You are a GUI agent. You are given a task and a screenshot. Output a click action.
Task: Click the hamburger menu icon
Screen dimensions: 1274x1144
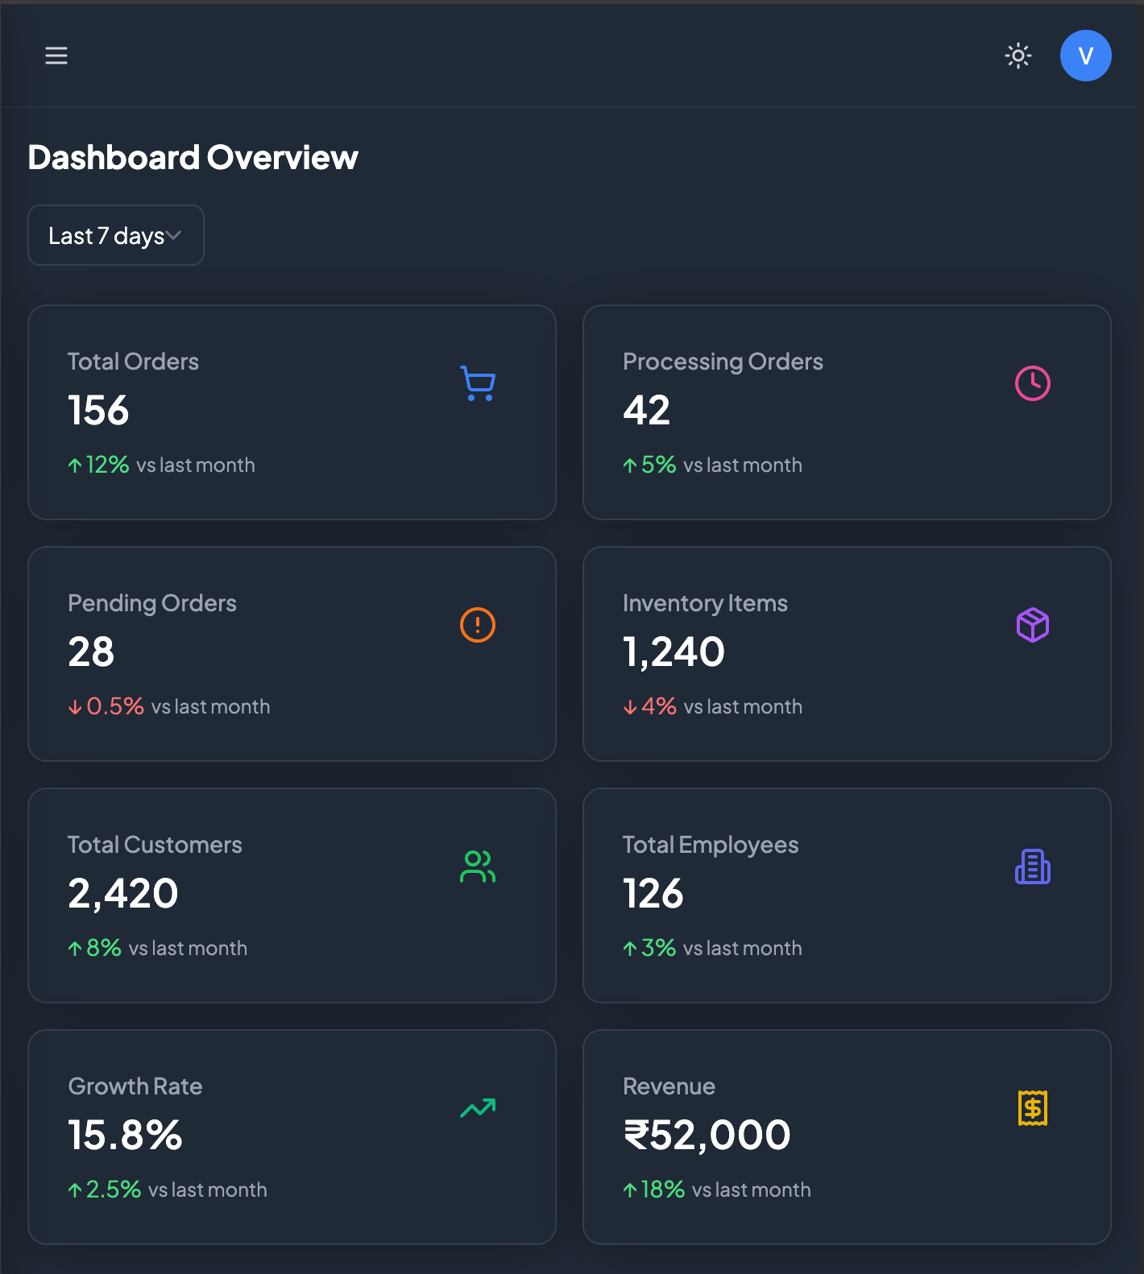56,56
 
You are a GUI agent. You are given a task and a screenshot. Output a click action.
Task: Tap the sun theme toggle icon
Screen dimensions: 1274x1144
1018,56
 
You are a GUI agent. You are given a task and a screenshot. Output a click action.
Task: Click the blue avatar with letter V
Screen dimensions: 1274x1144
1085,56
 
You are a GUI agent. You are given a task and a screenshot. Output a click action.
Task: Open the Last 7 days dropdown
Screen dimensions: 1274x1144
116,235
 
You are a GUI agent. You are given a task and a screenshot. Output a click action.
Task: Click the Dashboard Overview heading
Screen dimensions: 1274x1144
193,157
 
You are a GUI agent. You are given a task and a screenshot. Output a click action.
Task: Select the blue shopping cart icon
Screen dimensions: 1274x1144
478,383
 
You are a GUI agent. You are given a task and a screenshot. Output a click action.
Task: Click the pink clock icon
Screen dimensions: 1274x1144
1033,383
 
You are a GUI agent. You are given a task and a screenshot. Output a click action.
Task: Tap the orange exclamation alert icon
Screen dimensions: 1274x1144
478,625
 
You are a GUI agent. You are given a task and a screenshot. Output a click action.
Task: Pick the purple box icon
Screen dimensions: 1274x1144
1033,625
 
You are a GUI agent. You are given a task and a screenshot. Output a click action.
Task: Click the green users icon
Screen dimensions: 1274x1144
478,867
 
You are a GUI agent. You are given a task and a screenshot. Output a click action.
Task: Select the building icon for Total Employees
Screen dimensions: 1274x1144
1033,867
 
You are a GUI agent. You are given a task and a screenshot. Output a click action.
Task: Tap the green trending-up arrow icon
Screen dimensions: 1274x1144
478,1108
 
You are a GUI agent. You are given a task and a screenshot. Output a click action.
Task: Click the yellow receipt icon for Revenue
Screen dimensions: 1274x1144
1033,1108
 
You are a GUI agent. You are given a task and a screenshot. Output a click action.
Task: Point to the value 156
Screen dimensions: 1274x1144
98,410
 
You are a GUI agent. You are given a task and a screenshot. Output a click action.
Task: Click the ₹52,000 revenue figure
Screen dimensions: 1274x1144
707,1135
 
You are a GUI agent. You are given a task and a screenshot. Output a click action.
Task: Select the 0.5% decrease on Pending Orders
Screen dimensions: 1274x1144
114,706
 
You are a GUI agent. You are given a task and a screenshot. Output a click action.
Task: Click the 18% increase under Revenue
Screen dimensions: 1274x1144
662,1189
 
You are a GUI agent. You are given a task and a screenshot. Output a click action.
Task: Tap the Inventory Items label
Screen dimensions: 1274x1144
705,603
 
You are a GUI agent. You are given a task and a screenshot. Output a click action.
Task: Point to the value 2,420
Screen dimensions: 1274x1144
122,893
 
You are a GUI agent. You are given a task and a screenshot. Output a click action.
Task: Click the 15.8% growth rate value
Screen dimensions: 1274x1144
125,1135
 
